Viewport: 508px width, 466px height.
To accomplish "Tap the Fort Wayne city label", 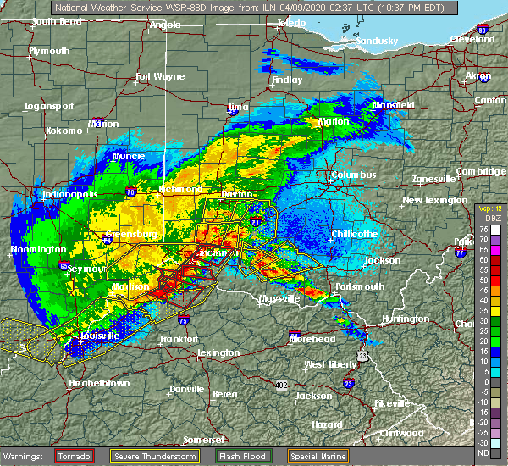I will tap(160, 77).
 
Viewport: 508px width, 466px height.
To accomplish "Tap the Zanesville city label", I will tap(433, 180).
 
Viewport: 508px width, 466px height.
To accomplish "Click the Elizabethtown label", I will tap(101, 383).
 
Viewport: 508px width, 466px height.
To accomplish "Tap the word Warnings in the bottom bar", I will tap(25, 456).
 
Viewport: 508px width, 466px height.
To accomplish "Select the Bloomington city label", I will tap(38, 250).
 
